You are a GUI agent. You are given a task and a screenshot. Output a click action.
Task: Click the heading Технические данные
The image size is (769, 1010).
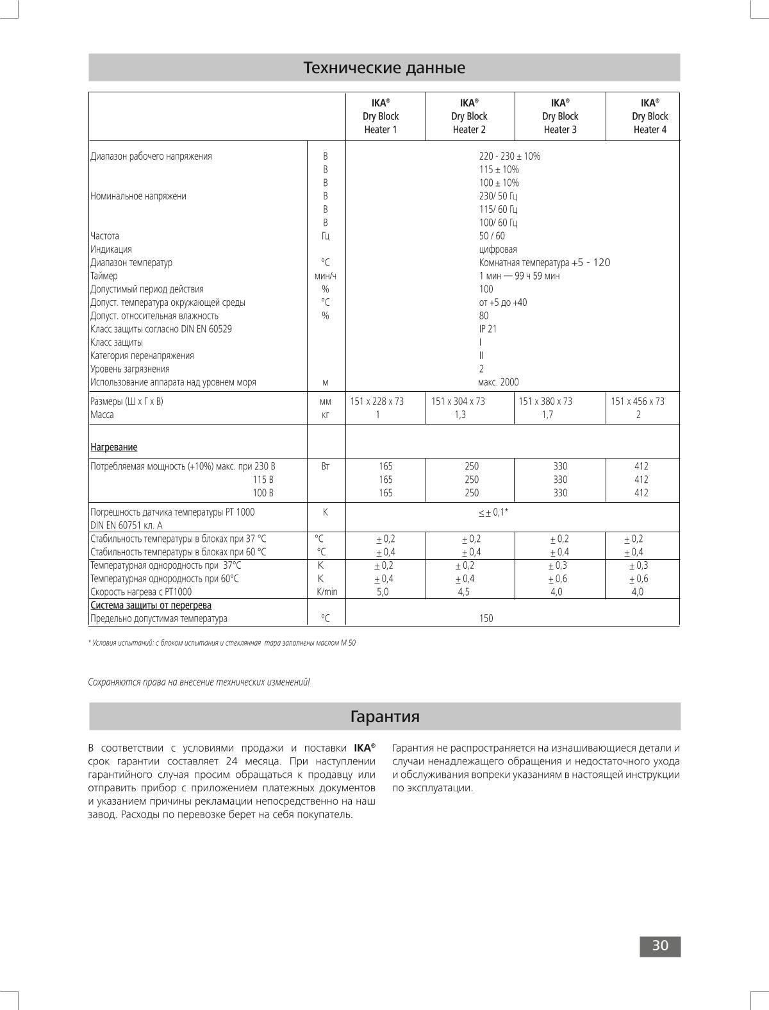[x=384, y=67]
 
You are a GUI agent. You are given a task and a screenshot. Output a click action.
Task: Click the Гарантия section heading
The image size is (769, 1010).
[x=384, y=716]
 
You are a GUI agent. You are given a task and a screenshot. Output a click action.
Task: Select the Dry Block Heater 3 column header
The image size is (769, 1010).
[x=559, y=116]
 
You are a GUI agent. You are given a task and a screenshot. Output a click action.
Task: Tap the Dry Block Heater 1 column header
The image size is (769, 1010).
[x=381, y=116]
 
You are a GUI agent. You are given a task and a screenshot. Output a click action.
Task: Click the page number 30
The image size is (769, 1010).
[x=660, y=946]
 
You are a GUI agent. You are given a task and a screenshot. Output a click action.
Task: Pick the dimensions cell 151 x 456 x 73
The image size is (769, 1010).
[x=638, y=401]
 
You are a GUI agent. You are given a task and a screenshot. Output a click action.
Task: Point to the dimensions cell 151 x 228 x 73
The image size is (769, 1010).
[x=377, y=401]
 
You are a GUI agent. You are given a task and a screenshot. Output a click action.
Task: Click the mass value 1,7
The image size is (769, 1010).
[x=547, y=415]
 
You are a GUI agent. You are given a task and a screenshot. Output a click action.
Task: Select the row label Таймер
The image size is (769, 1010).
[x=104, y=276]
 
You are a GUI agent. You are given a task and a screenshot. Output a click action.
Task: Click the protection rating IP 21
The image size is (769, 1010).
[x=488, y=329]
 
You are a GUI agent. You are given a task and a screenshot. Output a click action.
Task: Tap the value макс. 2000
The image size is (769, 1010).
[x=499, y=382]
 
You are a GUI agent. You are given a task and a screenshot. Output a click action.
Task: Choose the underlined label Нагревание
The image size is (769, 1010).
[x=113, y=447]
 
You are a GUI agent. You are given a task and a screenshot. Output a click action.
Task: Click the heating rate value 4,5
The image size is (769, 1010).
[x=463, y=592]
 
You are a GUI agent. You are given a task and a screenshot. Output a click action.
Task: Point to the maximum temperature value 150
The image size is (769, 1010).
[x=486, y=619]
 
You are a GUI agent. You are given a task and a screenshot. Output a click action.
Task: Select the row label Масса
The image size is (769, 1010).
[x=102, y=415]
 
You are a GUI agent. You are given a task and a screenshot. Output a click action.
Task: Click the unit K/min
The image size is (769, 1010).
[x=326, y=592]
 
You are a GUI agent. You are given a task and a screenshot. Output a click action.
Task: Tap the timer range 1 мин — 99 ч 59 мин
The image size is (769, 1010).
[x=519, y=276]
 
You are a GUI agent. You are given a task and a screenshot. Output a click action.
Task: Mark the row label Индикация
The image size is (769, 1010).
[x=111, y=249]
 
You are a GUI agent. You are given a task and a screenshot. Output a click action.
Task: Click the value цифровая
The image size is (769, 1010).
[x=498, y=249]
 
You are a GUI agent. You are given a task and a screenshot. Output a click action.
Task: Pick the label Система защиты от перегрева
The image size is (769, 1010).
[x=151, y=605]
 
